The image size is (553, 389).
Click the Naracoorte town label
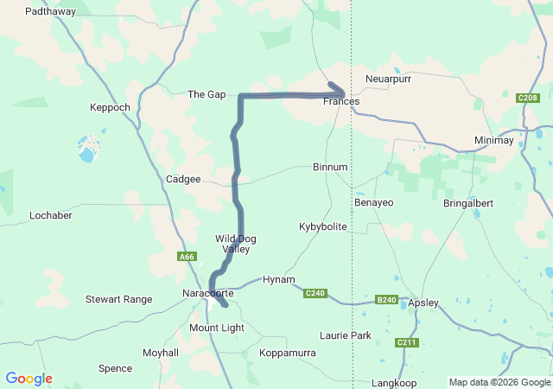pos(209,294)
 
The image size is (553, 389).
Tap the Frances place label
pos(340,101)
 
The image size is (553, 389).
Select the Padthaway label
pos(50,12)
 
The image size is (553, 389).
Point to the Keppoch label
pos(110,107)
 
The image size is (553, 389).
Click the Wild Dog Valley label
pos(236,244)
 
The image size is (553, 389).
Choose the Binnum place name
pos(330,167)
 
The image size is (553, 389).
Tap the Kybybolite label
pos(322,226)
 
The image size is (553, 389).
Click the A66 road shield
pos(188,256)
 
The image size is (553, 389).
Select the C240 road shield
pos(315,293)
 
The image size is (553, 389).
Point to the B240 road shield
pos(386,300)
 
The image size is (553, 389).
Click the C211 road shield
pos(407,343)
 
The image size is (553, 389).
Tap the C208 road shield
pos(527,98)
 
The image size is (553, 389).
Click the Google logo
pos(29,379)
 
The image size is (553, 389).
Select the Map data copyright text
pos(499,382)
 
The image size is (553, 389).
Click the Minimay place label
pos(493,140)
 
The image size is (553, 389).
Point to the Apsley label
pos(423,303)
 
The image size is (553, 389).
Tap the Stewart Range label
pos(118,299)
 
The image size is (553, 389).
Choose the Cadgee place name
pos(183,179)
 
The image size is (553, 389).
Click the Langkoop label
pos(394,382)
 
